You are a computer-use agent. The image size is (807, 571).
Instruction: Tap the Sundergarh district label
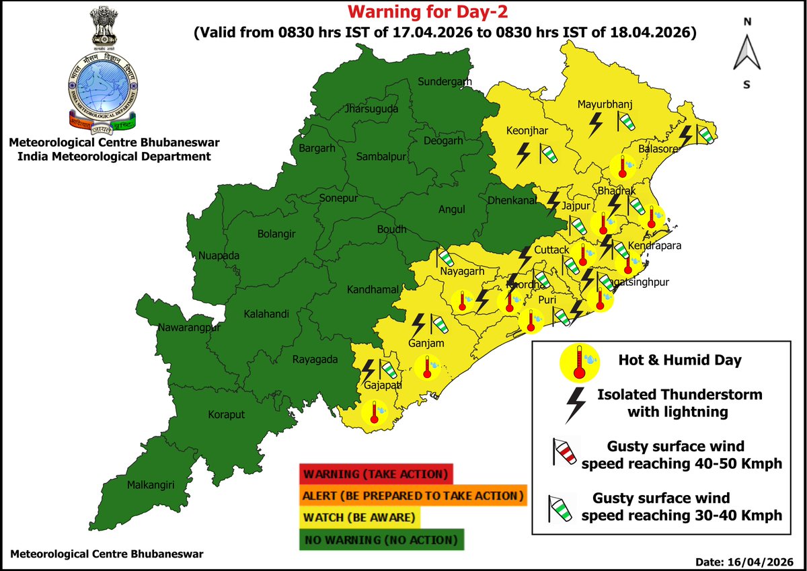coord(444,82)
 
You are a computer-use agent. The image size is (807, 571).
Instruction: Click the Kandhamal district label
coord(373,290)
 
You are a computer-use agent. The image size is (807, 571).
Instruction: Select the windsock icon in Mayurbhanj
coord(626,122)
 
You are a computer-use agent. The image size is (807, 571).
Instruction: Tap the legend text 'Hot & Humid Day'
coord(680,360)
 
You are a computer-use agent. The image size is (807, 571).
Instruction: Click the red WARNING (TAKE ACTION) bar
coord(377,474)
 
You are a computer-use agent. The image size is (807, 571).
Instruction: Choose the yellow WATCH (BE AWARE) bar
coord(360,518)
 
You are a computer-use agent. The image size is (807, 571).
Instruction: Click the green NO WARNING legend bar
coord(381,540)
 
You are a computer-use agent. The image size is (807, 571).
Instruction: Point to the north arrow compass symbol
coord(746,52)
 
